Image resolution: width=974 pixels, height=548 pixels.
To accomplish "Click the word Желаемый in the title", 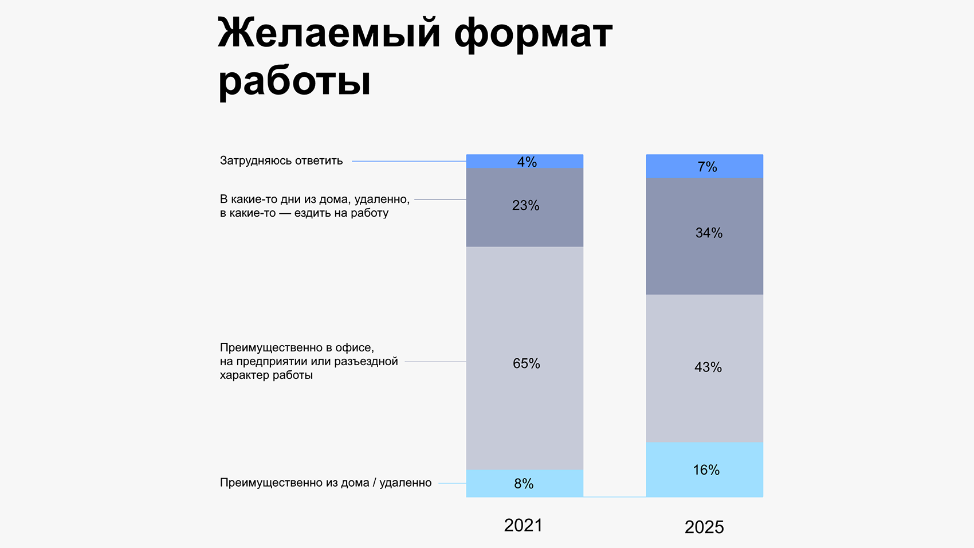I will tap(329, 33).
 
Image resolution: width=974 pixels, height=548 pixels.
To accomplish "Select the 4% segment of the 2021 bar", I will tap(525, 162).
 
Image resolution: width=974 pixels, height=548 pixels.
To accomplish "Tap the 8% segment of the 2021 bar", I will tap(525, 483).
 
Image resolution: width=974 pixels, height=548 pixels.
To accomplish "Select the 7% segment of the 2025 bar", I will tap(705, 167).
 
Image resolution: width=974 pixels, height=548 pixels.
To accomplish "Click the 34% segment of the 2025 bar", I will tap(705, 235).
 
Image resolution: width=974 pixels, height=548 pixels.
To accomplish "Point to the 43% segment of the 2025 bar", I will tap(705, 367).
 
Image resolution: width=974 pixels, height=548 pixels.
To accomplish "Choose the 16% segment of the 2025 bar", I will tap(705, 470).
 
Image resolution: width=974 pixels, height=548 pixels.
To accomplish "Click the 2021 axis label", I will tap(523, 525).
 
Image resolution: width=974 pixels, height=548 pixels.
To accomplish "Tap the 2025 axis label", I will tap(704, 527).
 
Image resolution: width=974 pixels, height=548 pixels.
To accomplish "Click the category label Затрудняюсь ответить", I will tap(281, 161).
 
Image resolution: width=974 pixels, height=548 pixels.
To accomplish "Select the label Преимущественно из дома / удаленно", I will tap(325, 483).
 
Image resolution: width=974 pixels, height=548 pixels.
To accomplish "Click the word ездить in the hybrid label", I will tap(313, 213).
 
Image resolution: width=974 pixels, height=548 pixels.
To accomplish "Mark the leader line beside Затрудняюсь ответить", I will tap(409, 162).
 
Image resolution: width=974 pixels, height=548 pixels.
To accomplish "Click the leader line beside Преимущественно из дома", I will tap(452, 483).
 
